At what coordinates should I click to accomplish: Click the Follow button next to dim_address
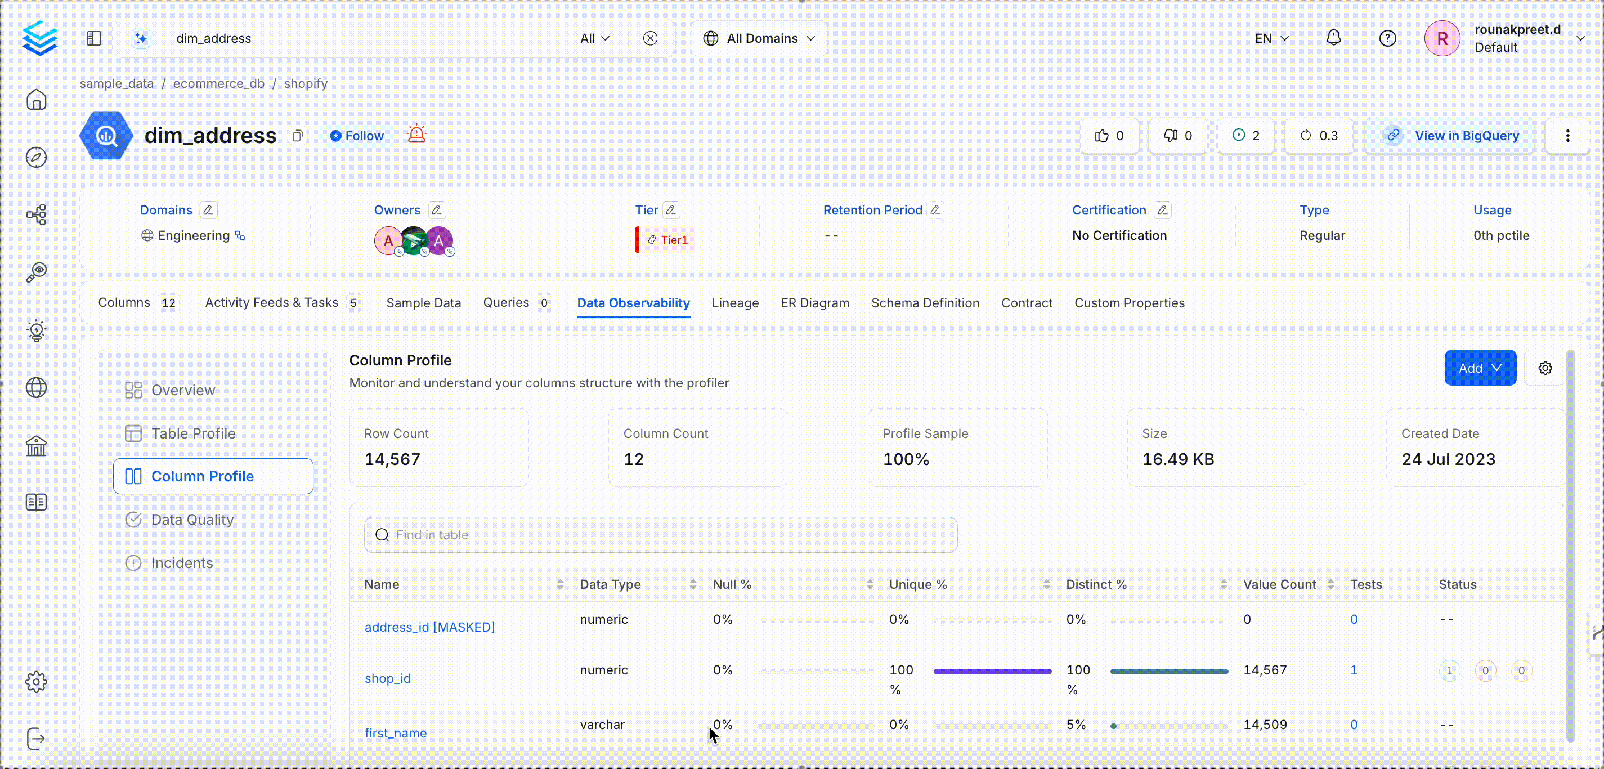pos(357,136)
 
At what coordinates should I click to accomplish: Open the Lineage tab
pos(735,303)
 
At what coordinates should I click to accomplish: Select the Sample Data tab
pos(423,303)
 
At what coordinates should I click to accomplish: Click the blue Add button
pos(1480,368)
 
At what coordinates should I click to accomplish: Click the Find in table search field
pos(660,535)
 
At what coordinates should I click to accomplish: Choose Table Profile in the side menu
pos(193,433)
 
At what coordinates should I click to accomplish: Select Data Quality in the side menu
pos(192,520)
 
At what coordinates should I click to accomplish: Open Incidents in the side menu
pos(182,563)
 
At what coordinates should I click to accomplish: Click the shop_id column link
pos(387,679)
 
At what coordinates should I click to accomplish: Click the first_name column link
pos(396,733)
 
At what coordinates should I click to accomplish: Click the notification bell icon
pos(1333,38)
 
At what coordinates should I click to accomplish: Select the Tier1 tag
pos(669,240)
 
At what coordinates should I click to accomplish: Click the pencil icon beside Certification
pos(1162,211)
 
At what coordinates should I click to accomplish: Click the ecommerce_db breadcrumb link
pos(218,83)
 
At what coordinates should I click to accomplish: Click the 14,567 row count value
pos(392,459)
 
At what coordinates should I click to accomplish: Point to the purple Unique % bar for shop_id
pos(992,671)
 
